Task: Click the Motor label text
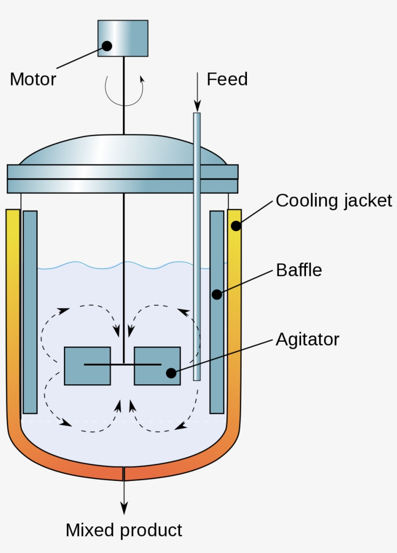pyautogui.click(x=33, y=79)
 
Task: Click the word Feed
pyautogui.click(x=227, y=79)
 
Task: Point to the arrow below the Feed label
pyautogui.click(x=197, y=92)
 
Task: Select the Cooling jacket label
pyautogui.click(x=334, y=200)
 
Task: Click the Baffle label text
pyautogui.click(x=299, y=270)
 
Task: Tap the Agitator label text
pyautogui.click(x=307, y=339)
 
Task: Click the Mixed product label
pyautogui.click(x=124, y=530)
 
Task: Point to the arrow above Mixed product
pyautogui.click(x=124, y=498)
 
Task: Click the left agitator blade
pyautogui.click(x=87, y=366)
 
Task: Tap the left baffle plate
pyautogui.click(x=30, y=312)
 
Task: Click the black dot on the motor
pyautogui.click(x=107, y=46)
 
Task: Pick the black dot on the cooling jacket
pyautogui.click(x=236, y=226)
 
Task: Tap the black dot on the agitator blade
pyautogui.click(x=170, y=373)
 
